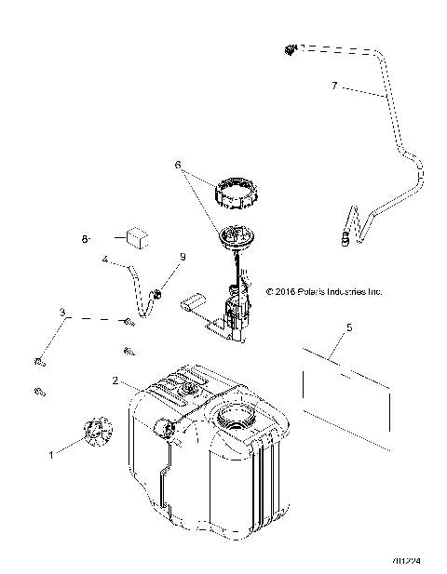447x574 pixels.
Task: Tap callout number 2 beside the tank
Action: pos(115,380)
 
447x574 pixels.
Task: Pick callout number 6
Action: pos(176,165)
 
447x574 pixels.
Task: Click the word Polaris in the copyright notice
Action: pos(309,291)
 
